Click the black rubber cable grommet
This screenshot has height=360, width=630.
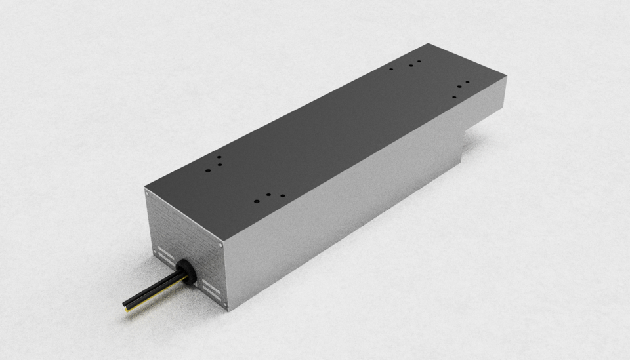183,271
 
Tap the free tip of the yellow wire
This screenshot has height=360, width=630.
127,310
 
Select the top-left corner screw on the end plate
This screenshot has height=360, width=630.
147,193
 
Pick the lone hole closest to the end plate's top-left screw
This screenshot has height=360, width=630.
207,169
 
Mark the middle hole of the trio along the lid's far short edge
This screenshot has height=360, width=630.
410,64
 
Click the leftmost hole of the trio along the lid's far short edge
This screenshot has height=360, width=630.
391,68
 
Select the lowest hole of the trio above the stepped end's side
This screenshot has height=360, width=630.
454,97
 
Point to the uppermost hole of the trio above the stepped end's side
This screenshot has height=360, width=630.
467,83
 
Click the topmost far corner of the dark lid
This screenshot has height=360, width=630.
428,43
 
